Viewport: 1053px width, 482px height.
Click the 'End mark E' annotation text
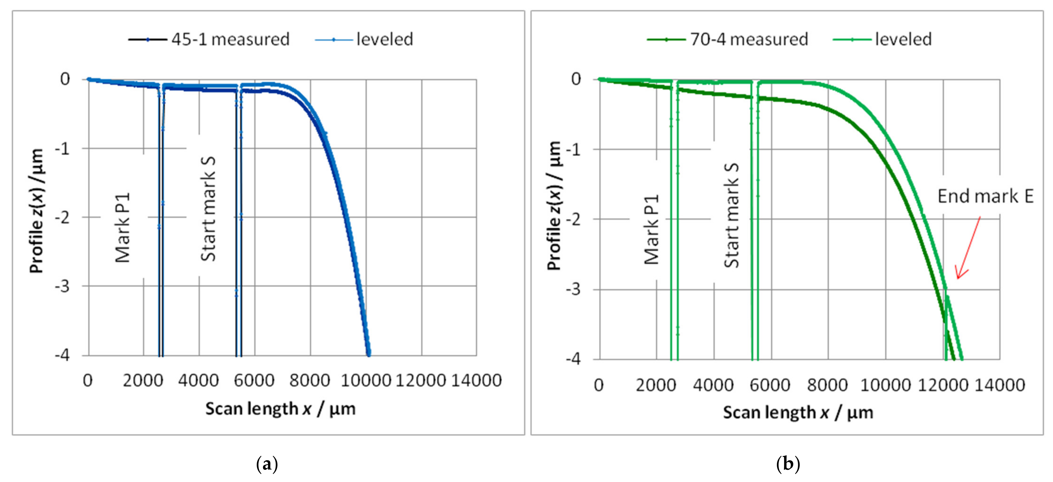coord(985,196)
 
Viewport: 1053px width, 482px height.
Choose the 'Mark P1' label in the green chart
coord(652,229)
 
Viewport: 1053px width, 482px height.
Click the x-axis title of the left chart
coord(280,408)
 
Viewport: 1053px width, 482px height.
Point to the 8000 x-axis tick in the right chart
coord(828,385)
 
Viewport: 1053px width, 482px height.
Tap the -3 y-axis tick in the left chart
coord(62,286)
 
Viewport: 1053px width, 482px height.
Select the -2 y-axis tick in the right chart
coord(573,219)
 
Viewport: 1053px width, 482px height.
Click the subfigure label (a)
coord(267,464)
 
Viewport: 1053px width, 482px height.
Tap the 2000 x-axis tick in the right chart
coord(656,385)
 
